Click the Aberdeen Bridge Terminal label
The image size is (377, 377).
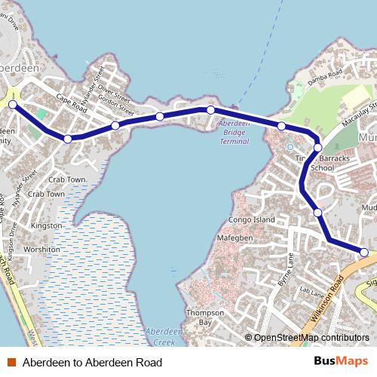(x=234, y=131)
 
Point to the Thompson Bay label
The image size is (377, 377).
(x=205, y=317)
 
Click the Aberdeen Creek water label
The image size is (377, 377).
(x=160, y=336)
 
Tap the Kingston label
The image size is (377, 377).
(x=46, y=225)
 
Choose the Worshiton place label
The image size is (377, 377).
(x=41, y=249)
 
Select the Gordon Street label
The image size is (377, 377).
(x=115, y=100)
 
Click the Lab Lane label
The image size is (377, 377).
(x=311, y=290)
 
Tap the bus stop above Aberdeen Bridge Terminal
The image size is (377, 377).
(x=211, y=110)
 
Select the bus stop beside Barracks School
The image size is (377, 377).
(x=318, y=148)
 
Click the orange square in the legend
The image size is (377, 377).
(x=11, y=363)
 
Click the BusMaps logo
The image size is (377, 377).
(x=341, y=362)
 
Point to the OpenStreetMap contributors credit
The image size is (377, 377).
(x=311, y=338)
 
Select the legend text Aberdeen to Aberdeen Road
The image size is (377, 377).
(x=92, y=363)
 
